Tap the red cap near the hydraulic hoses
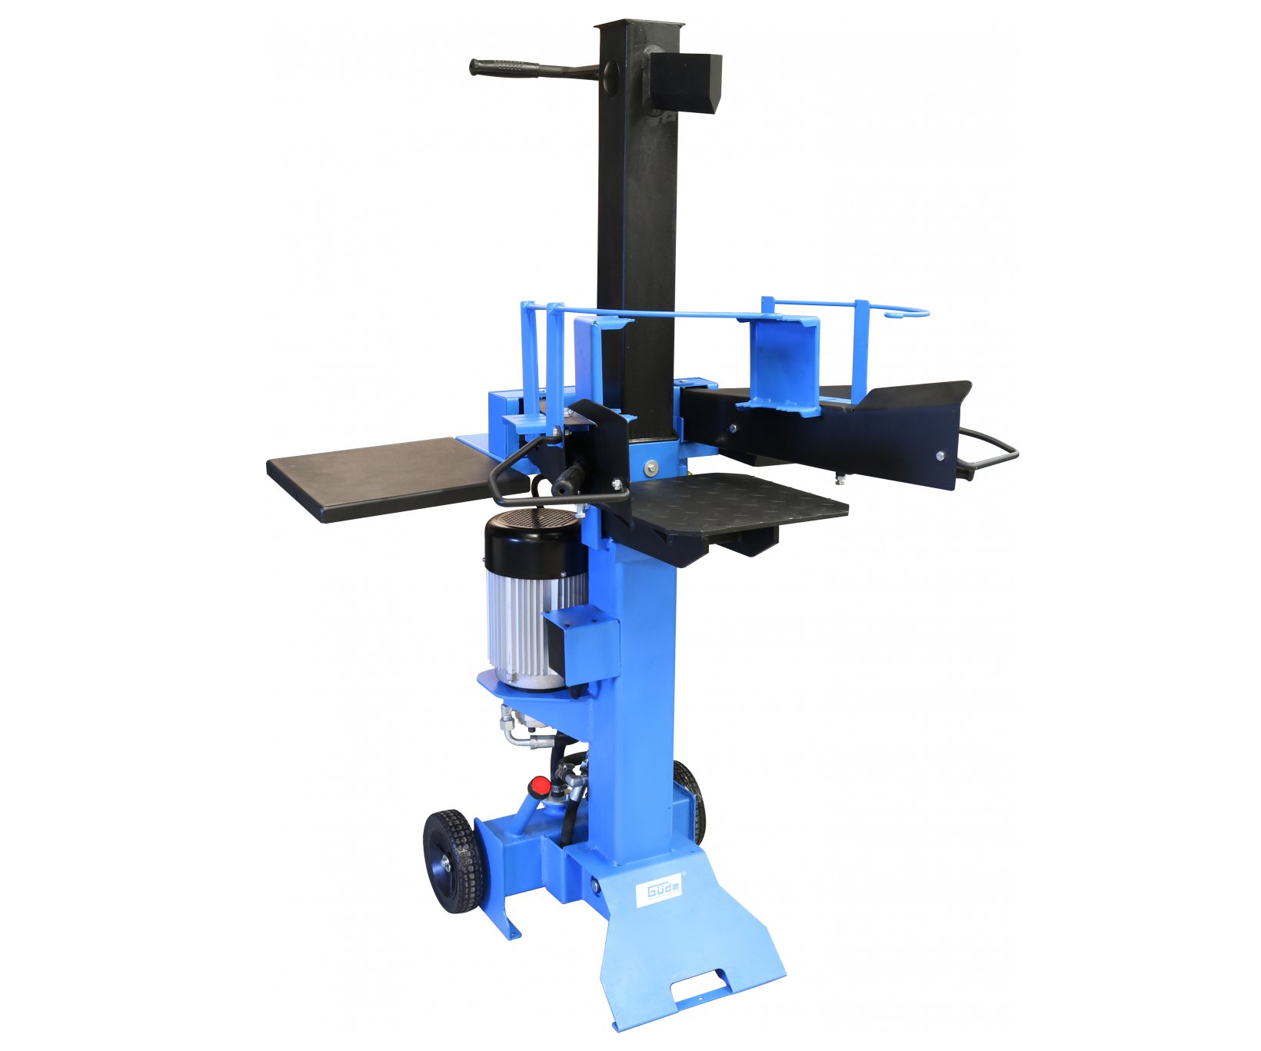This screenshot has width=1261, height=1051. (540, 786)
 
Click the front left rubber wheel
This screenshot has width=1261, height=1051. (453, 860)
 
